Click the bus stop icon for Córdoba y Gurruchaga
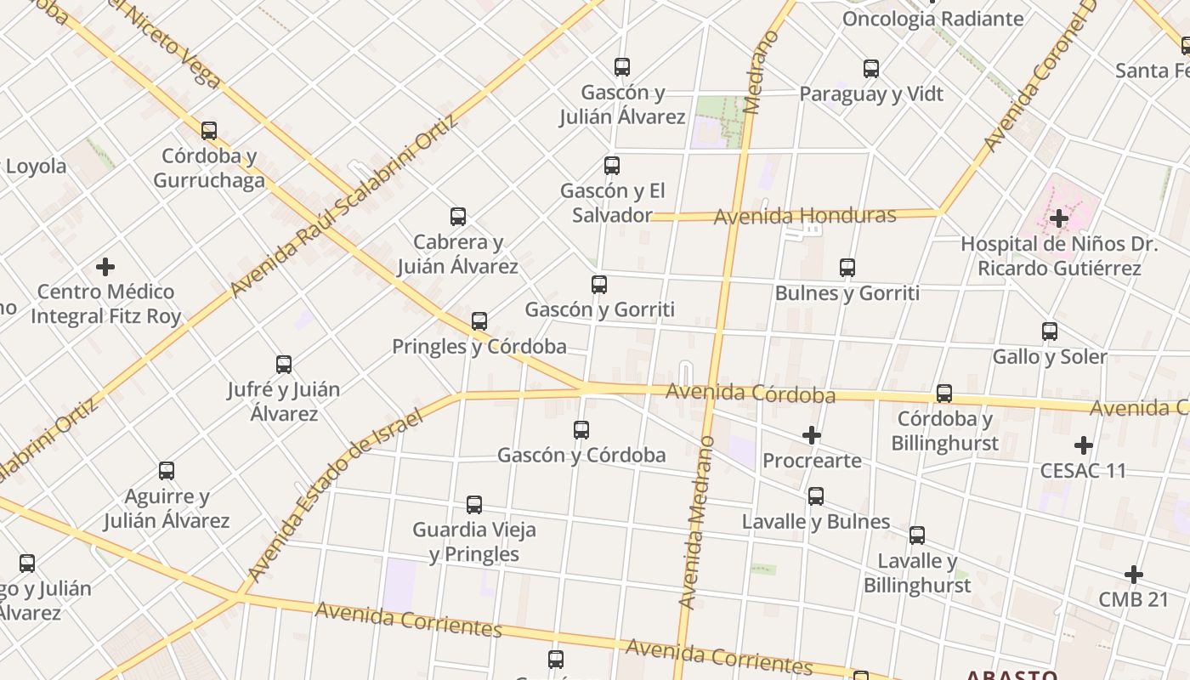tap(209, 131)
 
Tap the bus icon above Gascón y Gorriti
tap(599, 284)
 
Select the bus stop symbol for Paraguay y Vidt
tap(871, 69)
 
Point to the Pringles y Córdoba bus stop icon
tap(479, 321)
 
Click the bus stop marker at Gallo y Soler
tap(1050, 331)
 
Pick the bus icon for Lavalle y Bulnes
tap(816, 496)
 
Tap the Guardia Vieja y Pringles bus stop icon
tap(474, 505)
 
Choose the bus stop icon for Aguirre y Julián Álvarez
tap(167, 471)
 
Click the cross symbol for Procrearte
tap(812, 436)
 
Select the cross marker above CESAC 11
tap(1083, 445)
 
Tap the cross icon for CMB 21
tap(1133, 575)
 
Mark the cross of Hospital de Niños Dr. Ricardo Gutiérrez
tap(1058, 219)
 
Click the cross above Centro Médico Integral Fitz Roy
tap(105, 267)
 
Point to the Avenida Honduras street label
tap(804, 216)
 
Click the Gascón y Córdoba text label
tap(581, 456)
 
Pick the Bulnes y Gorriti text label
tap(847, 293)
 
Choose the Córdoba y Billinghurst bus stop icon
tap(944, 394)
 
